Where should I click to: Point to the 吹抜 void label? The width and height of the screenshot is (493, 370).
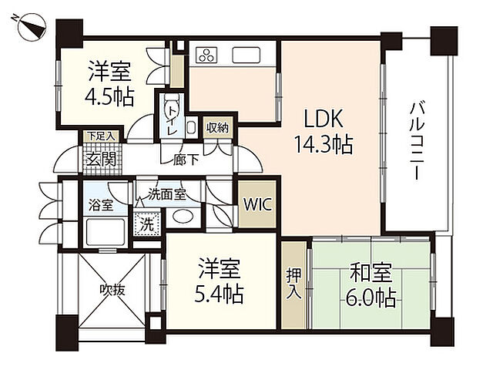[x=111, y=291]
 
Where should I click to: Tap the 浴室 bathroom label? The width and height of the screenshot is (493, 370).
[x=101, y=205]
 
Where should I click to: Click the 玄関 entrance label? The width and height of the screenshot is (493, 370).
[x=99, y=160]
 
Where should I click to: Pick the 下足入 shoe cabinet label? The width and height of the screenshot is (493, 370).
[x=99, y=136]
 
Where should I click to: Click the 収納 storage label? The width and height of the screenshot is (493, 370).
[x=217, y=128]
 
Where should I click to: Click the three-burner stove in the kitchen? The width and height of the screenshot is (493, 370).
[x=207, y=55]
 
